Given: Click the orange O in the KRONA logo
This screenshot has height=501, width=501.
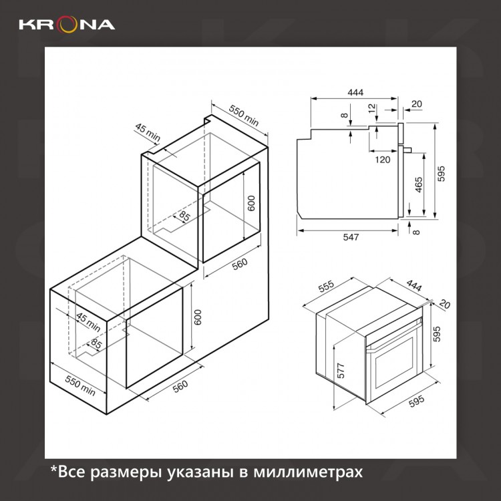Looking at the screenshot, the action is tap(67, 25).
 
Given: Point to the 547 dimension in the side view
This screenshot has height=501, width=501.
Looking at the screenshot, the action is tap(351, 237).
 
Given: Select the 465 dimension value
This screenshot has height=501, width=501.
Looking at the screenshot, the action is tap(419, 184).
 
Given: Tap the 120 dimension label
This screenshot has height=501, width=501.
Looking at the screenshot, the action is tap(383, 159).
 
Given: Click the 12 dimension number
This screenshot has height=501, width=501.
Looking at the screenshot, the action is tap(371, 108).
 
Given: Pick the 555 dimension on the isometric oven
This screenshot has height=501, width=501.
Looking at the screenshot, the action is tap(326, 287).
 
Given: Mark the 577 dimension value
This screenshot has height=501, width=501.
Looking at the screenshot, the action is tap(341, 371).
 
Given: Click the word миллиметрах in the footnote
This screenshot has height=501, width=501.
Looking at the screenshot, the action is tap(308, 472).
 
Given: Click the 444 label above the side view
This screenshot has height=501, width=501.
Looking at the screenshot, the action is tap(355, 92).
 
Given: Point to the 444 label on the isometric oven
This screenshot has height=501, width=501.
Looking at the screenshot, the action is tap(413, 286).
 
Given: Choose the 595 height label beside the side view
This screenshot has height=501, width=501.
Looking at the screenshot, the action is tap(441, 174).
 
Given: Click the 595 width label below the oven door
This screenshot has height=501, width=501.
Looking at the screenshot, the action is tap(417, 401).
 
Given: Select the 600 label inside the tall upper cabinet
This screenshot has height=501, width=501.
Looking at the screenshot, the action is tap(252, 203).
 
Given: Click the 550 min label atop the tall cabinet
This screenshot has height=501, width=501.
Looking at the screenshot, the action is tap(243, 116).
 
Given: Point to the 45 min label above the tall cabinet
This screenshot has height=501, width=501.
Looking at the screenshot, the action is tap(148, 133).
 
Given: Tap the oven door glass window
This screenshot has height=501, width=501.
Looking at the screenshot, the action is tap(394, 362).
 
